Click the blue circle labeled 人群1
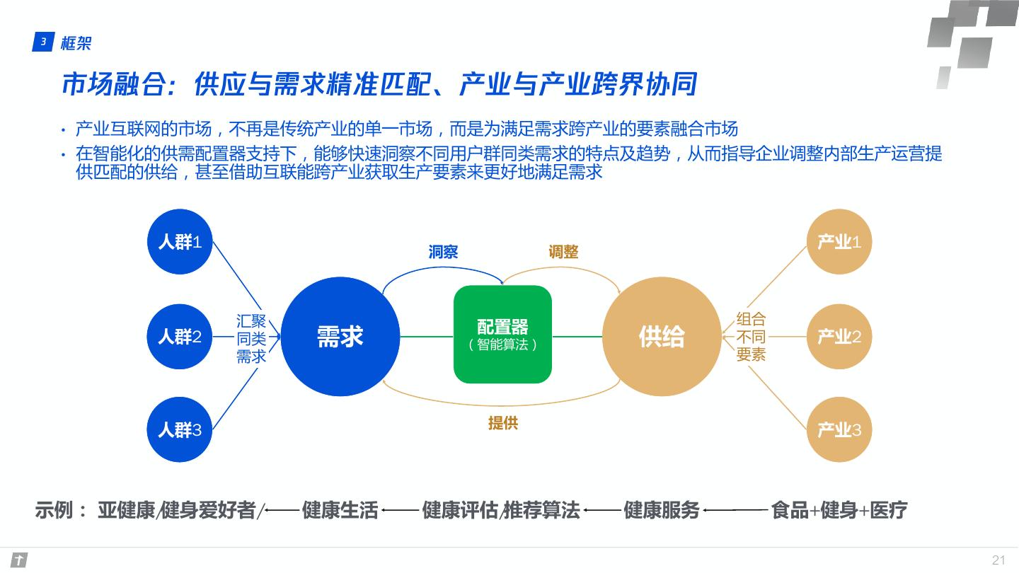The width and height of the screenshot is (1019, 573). pyautogui.click(x=180, y=242)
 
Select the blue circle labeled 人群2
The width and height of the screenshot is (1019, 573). pyautogui.click(x=180, y=337)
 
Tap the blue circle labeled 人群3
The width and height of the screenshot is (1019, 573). pyautogui.click(x=180, y=429)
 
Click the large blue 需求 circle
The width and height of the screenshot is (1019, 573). pyautogui.click(x=340, y=337)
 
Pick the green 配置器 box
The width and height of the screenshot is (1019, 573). pyautogui.click(x=502, y=335)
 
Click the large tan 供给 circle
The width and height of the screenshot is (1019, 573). pyautogui.click(x=662, y=337)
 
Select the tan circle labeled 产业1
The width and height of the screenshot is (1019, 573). pyautogui.click(x=839, y=242)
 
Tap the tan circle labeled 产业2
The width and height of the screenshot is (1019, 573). pyautogui.click(x=839, y=337)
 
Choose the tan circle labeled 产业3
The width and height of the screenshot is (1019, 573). pyautogui.click(x=839, y=429)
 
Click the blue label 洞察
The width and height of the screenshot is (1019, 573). pyautogui.click(x=443, y=252)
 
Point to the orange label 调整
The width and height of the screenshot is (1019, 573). pyautogui.click(x=563, y=252)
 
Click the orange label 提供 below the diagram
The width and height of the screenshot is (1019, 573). pyautogui.click(x=503, y=423)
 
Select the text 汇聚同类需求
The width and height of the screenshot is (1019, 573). pyautogui.click(x=251, y=339)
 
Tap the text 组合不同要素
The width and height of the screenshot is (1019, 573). pyautogui.click(x=751, y=337)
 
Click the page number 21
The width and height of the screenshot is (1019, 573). pyautogui.click(x=998, y=560)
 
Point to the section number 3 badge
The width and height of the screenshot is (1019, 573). pyautogui.click(x=42, y=42)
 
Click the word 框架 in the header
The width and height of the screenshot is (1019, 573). pyautogui.click(x=76, y=43)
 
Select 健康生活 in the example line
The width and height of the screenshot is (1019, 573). pyautogui.click(x=340, y=510)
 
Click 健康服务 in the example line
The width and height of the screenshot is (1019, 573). pyautogui.click(x=662, y=510)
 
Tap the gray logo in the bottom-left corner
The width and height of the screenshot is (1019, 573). pyautogui.click(x=19, y=560)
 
